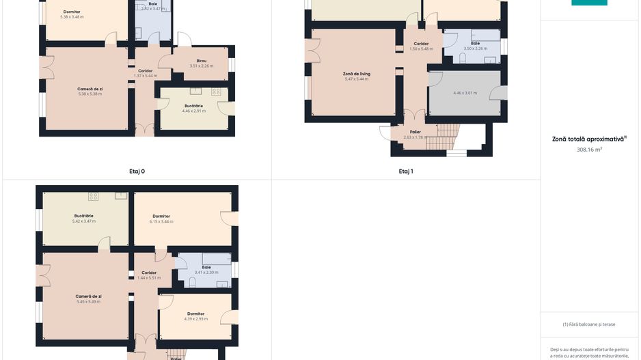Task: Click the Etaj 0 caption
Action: (137, 171)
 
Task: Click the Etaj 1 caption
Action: (406, 171)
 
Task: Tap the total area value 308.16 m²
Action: (589, 149)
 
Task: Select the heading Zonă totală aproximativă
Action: (589, 139)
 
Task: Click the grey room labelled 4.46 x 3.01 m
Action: (465, 93)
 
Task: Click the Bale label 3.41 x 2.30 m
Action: (206, 270)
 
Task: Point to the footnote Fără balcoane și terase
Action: (589, 324)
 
